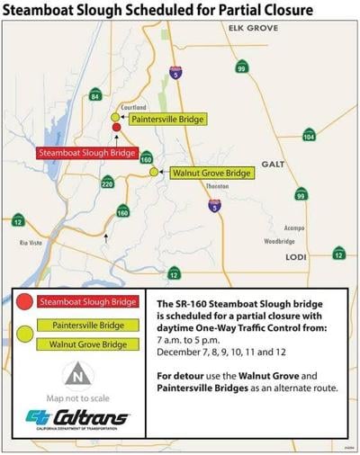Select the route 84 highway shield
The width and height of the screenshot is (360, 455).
95,95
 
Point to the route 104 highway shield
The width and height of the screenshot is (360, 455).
309,137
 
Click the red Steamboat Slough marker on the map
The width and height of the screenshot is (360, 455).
116,129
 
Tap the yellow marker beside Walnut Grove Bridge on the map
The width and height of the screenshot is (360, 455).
154,172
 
